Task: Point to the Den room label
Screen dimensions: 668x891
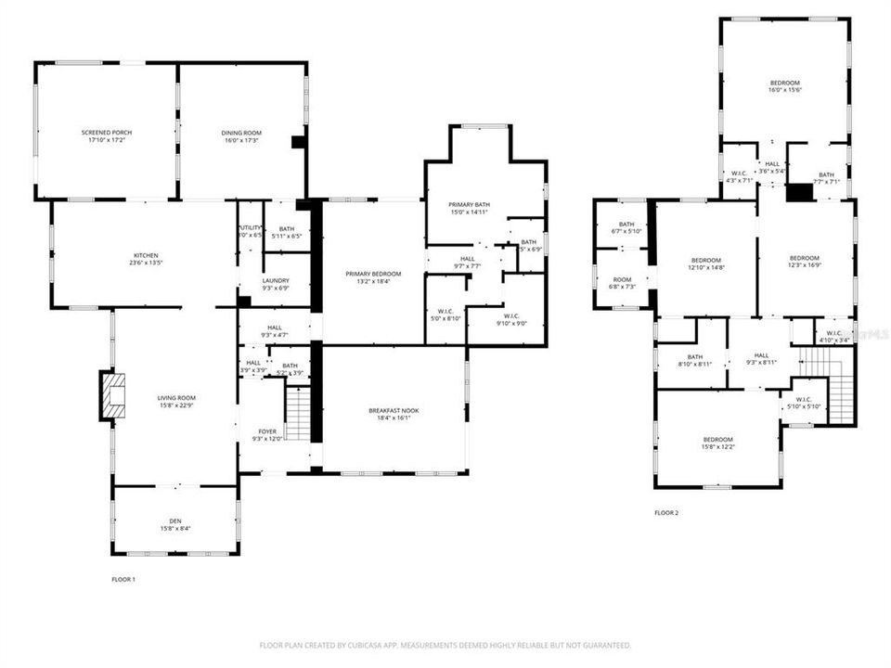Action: point(174,524)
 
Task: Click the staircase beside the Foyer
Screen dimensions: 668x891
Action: point(298,414)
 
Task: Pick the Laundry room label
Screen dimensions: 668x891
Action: point(274,284)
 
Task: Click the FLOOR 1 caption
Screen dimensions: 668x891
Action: point(123,580)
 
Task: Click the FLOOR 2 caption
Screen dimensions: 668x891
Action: point(666,512)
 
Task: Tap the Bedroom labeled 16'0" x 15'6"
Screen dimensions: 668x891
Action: point(784,86)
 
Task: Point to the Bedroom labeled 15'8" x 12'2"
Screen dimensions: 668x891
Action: point(717,443)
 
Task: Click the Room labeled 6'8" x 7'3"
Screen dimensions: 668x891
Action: point(622,283)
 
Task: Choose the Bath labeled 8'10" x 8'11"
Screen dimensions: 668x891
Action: point(695,360)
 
